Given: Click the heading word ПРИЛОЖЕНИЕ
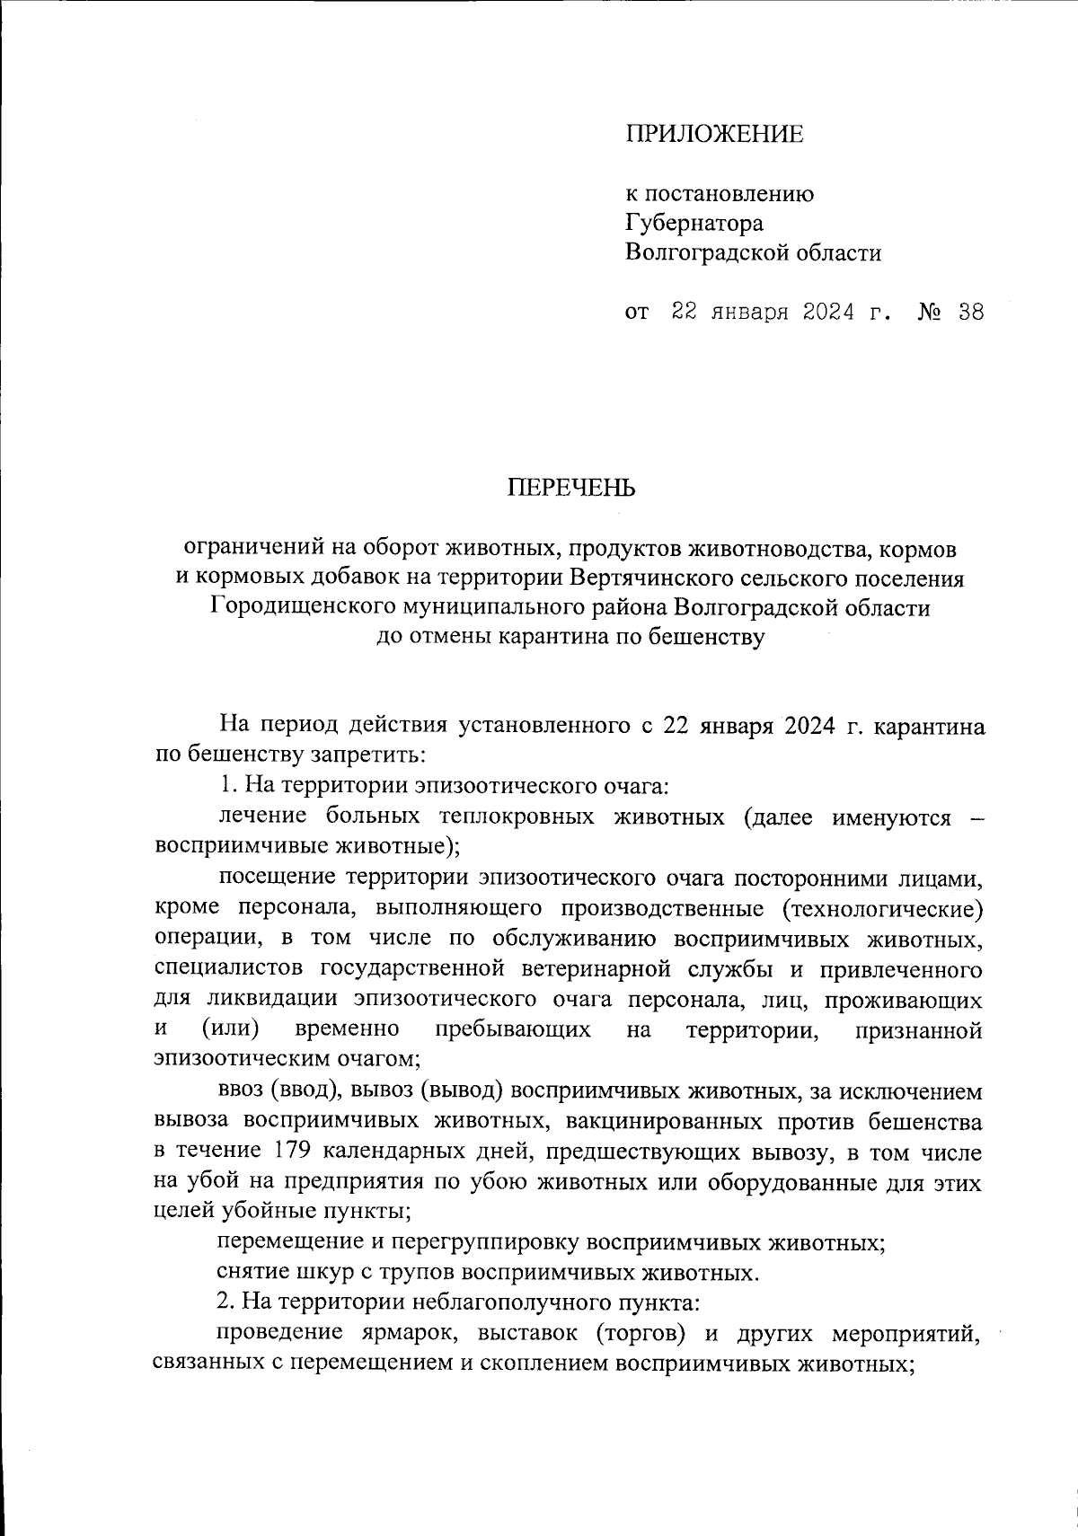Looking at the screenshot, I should click(x=714, y=135).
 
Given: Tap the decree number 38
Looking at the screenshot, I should click(x=970, y=313).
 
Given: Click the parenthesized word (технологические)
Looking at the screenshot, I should click(x=881, y=908).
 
